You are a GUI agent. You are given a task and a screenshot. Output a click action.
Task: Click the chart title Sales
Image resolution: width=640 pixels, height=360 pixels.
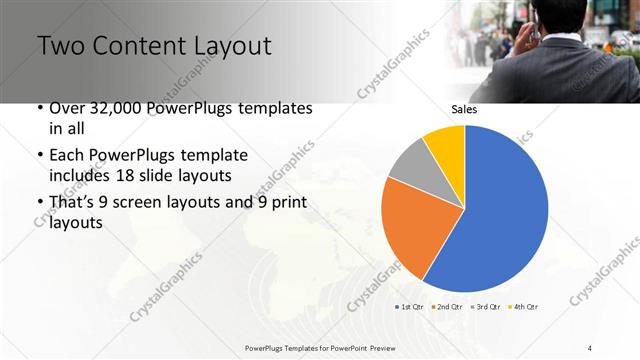(464, 109)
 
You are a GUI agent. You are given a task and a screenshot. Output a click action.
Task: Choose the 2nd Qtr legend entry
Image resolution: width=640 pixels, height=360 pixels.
(448, 306)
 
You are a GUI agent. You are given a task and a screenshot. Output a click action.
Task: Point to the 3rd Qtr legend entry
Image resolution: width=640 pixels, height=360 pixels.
(484, 306)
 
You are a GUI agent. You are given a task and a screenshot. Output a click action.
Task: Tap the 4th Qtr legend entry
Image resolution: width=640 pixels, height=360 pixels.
(522, 306)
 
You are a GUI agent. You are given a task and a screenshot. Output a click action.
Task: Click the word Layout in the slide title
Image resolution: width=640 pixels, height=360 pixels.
(224, 46)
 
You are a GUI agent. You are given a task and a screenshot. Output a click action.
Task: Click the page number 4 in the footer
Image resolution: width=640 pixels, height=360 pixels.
(590, 347)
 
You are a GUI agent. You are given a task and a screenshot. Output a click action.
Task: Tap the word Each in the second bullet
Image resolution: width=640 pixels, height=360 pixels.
(66, 156)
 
